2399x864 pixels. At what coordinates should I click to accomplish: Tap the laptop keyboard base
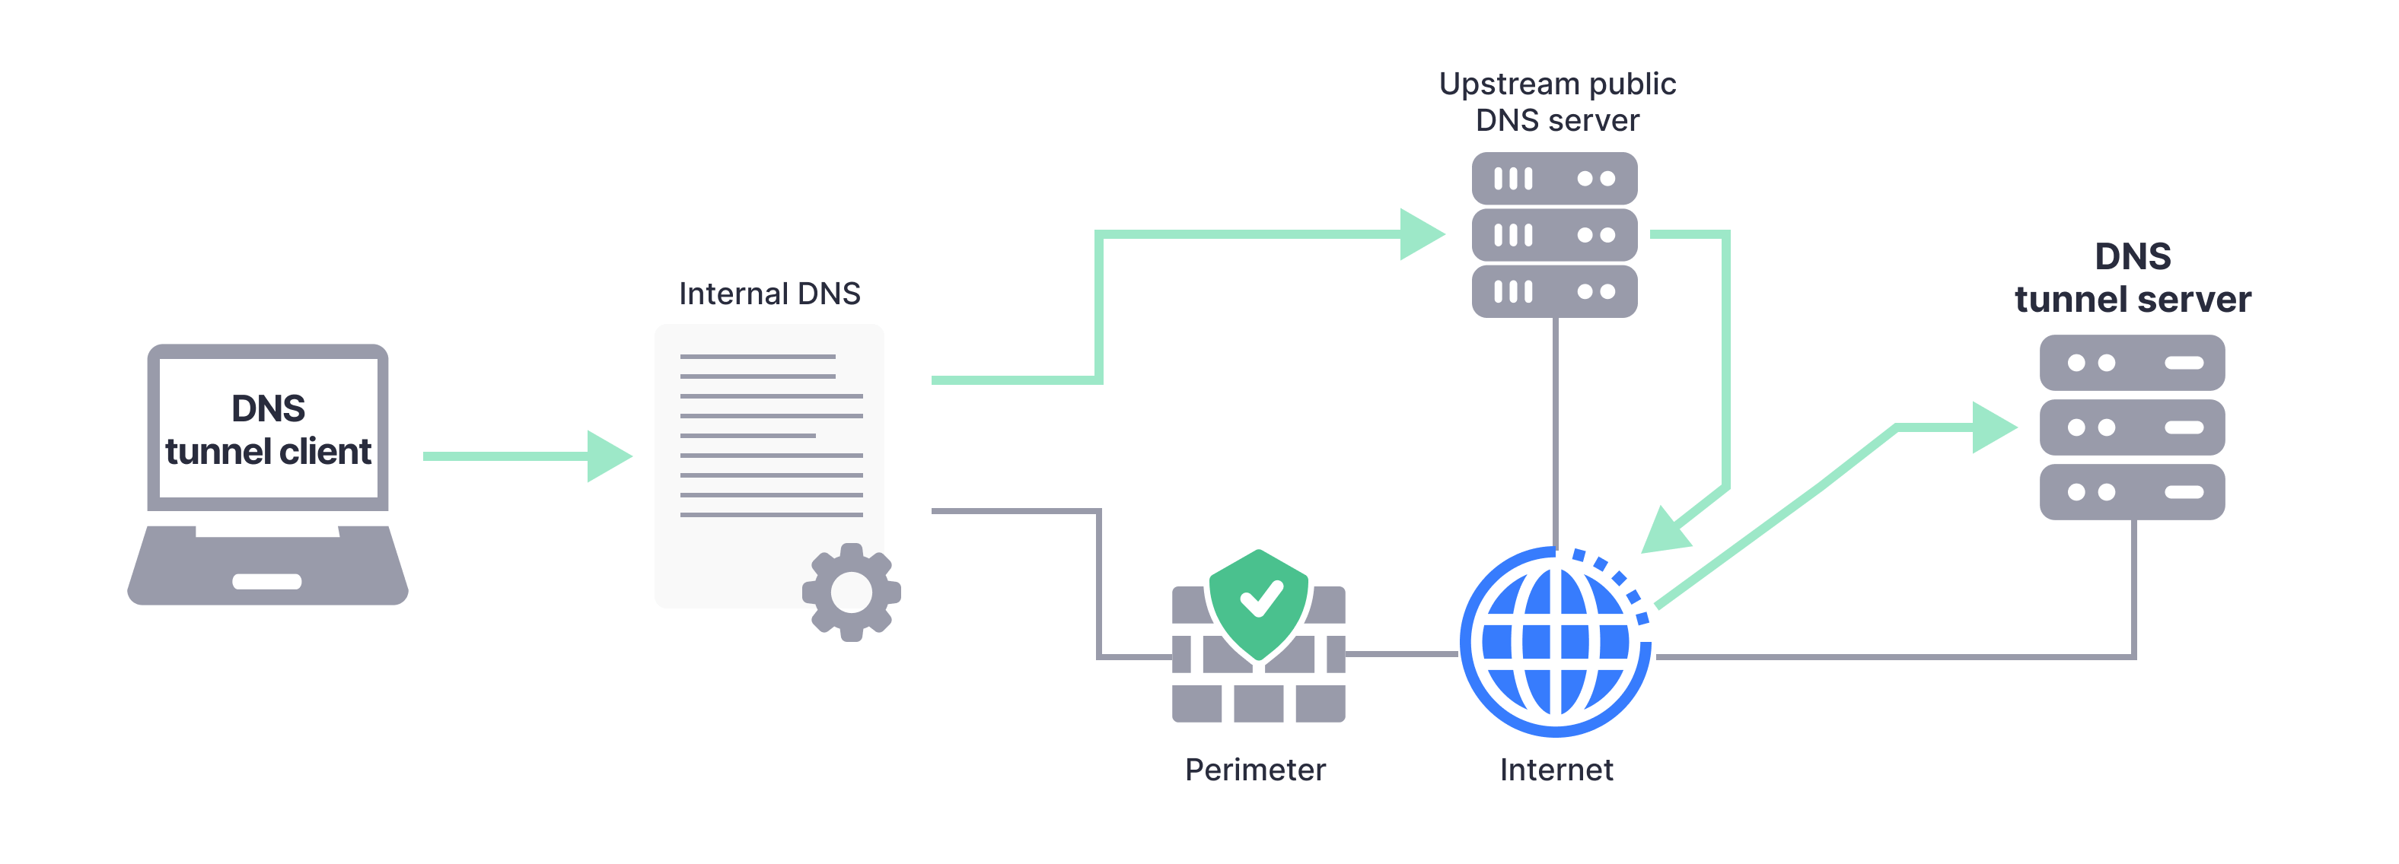click(x=268, y=568)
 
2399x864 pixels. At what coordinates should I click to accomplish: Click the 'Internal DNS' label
click(x=769, y=294)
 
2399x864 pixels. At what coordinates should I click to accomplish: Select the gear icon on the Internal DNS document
click(x=851, y=592)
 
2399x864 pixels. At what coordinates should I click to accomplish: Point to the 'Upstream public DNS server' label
click(x=1557, y=101)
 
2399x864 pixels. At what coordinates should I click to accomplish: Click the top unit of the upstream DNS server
click(x=1554, y=179)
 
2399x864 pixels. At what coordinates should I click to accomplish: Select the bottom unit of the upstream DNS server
click(x=1554, y=291)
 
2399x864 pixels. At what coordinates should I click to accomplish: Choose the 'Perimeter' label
click(x=1254, y=770)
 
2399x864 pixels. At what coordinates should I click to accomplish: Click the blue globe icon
click(x=1554, y=643)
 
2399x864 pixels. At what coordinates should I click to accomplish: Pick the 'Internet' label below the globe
click(x=1556, y=770)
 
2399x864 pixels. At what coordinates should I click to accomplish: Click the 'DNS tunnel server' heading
click(x=2132, y=278)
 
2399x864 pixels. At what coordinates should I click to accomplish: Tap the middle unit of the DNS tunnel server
click(x=2132, y=427)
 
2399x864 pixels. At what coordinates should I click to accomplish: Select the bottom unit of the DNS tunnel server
click(x=2132, y=491)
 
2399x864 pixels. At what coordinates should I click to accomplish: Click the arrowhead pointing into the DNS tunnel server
click(x=1994, y=427)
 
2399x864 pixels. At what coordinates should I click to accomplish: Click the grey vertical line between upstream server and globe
click(x=1555, y=428)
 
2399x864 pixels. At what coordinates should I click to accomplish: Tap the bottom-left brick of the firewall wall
click(x=1196, y=703)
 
